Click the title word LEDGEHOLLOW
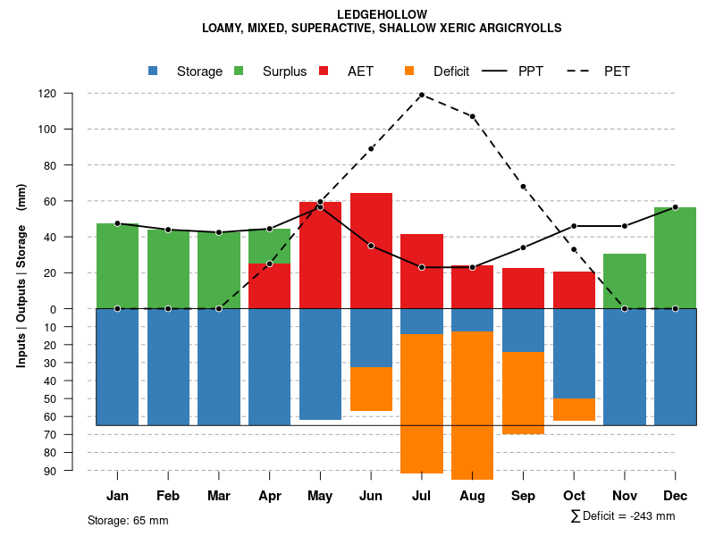pos(382,14)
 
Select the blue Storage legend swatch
pos(153,71)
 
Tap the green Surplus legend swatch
pos(239,71)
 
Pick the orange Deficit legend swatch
pos(409,71)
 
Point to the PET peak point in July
pos(421,95)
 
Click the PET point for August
pos(472,116)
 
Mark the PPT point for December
pos(675,207)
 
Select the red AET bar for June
pos(371,250)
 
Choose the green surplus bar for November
pos(625,281)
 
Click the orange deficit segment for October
pos(574,409)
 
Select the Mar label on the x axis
pos(218,496)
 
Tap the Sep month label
pos(523,496)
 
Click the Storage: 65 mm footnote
pos(128,520)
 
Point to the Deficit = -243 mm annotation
pos(623,516)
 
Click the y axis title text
pos(21,282)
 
